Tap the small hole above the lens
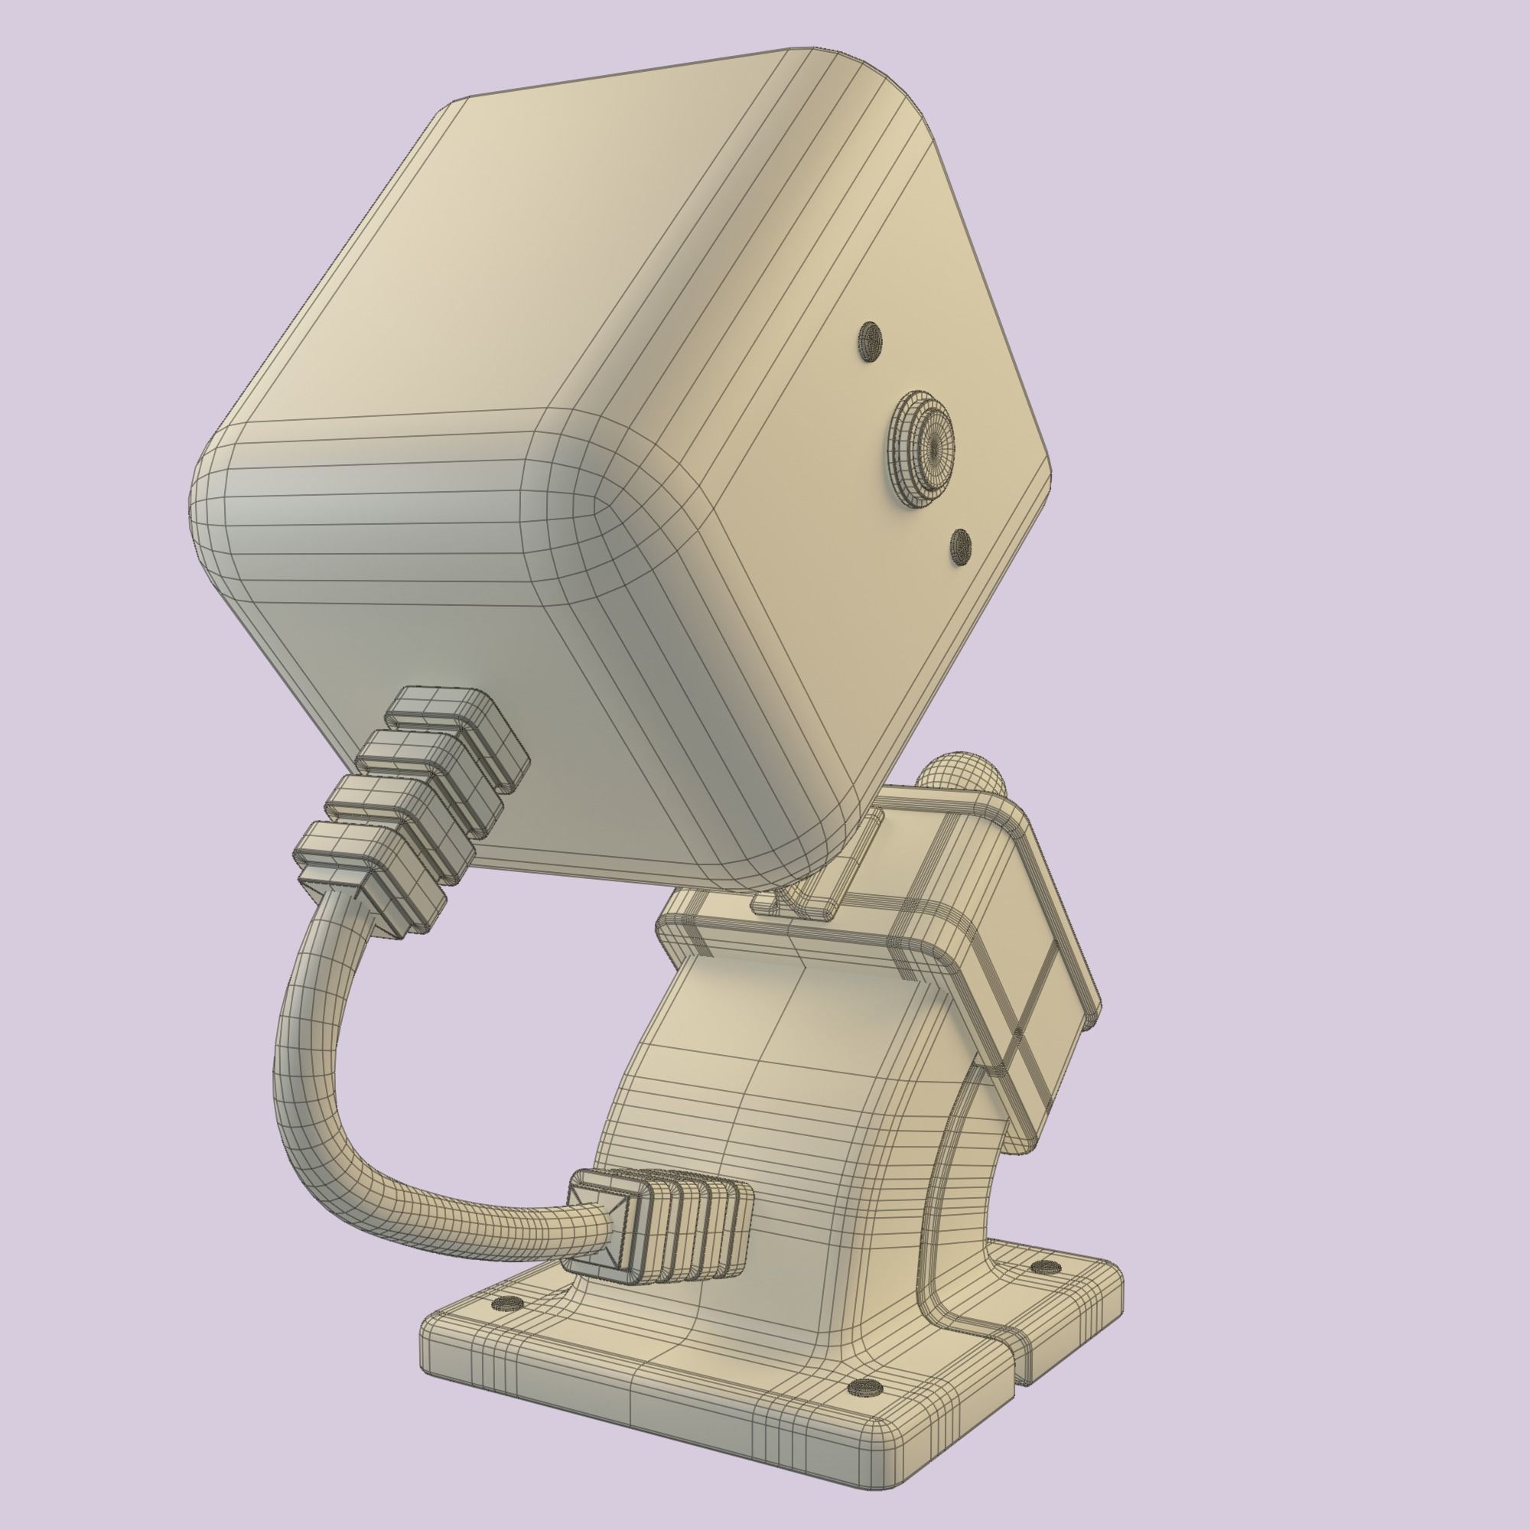[871, 341]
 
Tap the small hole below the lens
[960, 545]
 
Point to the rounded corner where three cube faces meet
[586, 475]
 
